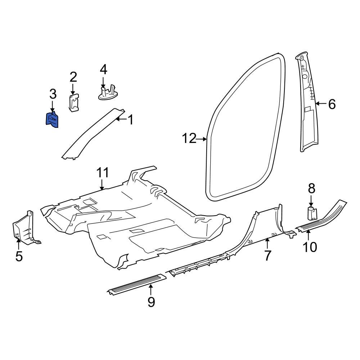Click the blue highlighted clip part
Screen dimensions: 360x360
[x=53, y=120]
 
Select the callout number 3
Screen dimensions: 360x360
[x=53, y=94]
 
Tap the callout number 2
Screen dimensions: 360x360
[x=73, y=77]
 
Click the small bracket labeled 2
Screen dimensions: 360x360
[x=74, y=103]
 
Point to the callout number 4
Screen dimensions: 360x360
[x=103, y=69]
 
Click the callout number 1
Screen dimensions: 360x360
[x=130, y=120]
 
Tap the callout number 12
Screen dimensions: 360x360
[x=189, y=138]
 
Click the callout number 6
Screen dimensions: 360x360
[x=332, y=104]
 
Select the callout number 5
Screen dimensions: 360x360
[x=19, y=256]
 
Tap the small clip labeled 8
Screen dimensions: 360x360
[x=311, y=213]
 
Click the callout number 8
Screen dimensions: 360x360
[x=311, y=188]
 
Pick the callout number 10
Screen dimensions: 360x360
[x=310, y=247]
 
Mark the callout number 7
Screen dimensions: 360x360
[x=267, y=255]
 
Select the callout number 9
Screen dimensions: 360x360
[x=151, y=302]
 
